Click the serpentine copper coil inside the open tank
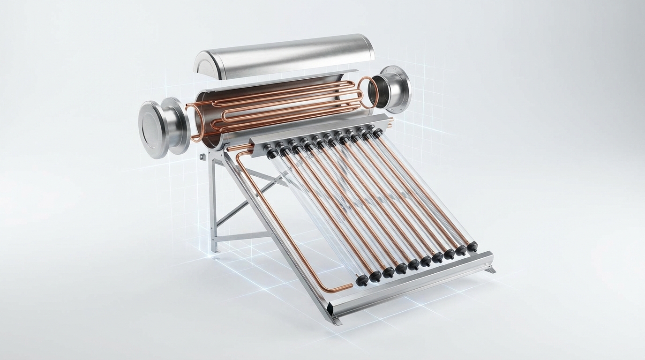click(x=281, y=105)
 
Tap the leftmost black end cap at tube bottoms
click(x=361, y=280)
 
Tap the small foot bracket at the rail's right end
click(x=491, y=270)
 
